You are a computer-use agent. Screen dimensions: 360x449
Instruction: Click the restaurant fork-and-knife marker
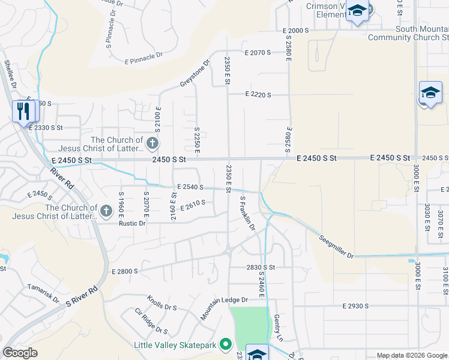pos(24,110)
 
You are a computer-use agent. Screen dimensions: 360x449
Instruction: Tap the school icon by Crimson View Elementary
pos(358,11)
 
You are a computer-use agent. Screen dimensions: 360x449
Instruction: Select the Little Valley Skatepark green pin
pos(226,344)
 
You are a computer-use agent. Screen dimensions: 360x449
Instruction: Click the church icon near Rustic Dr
pos(106,211)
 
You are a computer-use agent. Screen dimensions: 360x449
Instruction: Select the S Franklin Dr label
pos(247,213)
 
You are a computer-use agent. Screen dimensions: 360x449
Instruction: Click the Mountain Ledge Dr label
pos(224,307)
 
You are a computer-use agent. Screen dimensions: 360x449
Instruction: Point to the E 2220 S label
pos(258,95)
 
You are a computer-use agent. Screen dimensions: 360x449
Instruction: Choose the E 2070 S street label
pos(258,53)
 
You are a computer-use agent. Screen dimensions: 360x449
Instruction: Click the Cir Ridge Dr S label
pos(151,320)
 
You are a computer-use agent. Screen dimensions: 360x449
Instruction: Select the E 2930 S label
pos(355,306)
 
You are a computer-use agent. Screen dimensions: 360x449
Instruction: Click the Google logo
pos(20,353)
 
